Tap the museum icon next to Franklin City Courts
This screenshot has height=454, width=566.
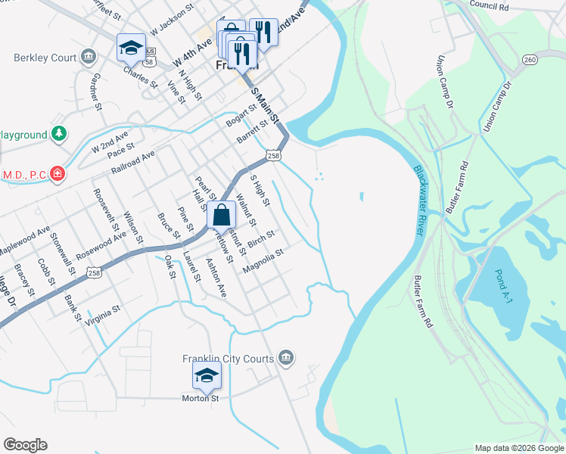[285, 357]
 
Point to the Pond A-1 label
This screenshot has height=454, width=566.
[504, 285]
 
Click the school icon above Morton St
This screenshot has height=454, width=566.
[207, 374]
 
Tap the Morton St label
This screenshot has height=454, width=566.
[201, 398]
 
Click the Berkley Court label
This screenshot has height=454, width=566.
[45, 58]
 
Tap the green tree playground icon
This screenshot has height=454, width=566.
[58, 134]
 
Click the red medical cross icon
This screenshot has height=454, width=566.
[57, 175]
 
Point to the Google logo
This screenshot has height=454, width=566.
[25, 445]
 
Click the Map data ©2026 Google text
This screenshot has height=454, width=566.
[519, 448]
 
